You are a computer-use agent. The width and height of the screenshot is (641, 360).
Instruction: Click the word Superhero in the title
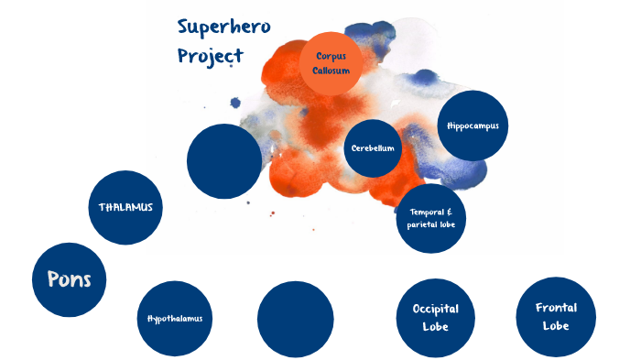pos(224,26)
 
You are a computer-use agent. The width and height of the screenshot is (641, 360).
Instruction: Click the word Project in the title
pos(210,55)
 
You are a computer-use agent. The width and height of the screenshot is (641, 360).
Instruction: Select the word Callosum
pos(331,70)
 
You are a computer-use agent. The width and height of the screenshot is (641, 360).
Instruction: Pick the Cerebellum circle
pos(373,147)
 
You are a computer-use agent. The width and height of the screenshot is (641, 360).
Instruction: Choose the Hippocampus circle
pos(473,125)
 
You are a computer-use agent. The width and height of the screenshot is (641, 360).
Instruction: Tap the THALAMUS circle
pos(125,207)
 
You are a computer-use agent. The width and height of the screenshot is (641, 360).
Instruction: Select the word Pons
pos(69,279)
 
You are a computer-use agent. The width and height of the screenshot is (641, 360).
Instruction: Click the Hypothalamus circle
pos(174,318)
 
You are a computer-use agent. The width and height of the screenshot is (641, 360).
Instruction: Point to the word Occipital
pos(435,310)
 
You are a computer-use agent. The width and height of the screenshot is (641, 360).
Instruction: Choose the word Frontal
pos(556,308)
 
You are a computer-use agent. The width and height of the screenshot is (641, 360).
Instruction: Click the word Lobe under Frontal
pos(556,326)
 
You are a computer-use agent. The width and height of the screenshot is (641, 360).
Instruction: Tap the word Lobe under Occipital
pos(435,327)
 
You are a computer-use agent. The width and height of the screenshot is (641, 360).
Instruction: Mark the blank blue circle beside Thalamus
pos(224,161)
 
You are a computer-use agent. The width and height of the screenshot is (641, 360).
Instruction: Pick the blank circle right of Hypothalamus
pos(295,318)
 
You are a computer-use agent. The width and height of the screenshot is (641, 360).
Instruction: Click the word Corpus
pos(331,55)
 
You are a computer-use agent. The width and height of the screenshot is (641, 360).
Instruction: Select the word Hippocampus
pos(473,125)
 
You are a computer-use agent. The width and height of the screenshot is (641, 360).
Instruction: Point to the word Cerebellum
pos(373,147)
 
